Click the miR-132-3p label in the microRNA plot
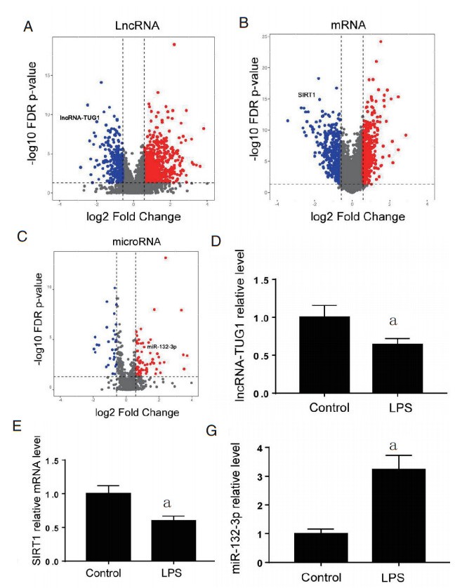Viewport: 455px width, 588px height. click(x=161, y=347)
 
